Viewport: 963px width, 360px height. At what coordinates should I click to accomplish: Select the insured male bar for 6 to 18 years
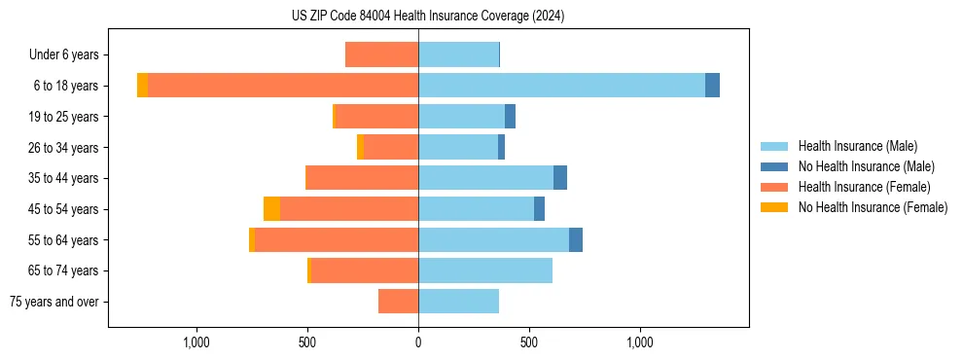(561, 86)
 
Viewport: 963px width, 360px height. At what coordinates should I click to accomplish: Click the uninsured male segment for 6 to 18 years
(712, 86)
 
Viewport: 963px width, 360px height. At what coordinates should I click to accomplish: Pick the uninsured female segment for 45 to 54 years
(271, 209)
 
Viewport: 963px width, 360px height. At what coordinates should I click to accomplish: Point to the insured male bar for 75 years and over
(458, 302)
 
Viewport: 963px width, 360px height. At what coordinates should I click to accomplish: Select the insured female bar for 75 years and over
(398, 302)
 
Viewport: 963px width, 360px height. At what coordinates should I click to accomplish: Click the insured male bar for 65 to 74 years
(485, 270)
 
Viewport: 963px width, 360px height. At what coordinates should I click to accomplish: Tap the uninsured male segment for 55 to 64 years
(576, 239)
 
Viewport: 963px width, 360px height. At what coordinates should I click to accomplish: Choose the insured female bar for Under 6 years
(381, 54)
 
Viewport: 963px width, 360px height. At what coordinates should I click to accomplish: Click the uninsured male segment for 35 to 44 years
(560, 178)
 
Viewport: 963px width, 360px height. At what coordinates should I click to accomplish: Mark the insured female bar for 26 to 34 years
(391, 147)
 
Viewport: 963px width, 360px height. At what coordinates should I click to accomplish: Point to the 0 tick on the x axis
(418, 342)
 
